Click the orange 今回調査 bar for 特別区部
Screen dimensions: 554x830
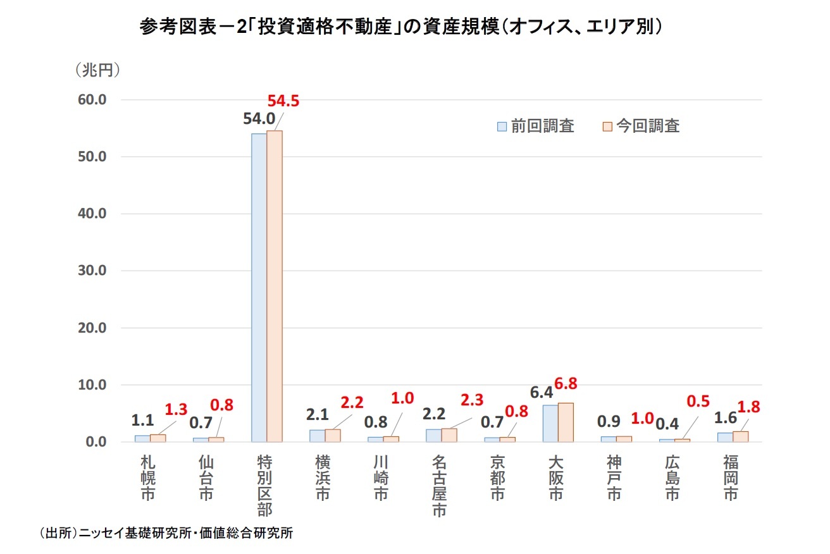[275, 286]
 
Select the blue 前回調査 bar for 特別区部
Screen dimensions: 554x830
[259, 288]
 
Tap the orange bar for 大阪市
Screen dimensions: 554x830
[566, 422]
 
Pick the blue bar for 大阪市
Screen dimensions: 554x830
[550, 423]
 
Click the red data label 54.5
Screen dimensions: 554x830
[283, 101]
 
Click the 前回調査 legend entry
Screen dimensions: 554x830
[536, 126]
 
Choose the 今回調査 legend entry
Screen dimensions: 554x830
[640, 126]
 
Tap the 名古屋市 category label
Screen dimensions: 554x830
[440, 486]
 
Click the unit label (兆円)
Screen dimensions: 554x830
[97, 70]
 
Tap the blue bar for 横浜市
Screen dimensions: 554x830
[317, 436]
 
